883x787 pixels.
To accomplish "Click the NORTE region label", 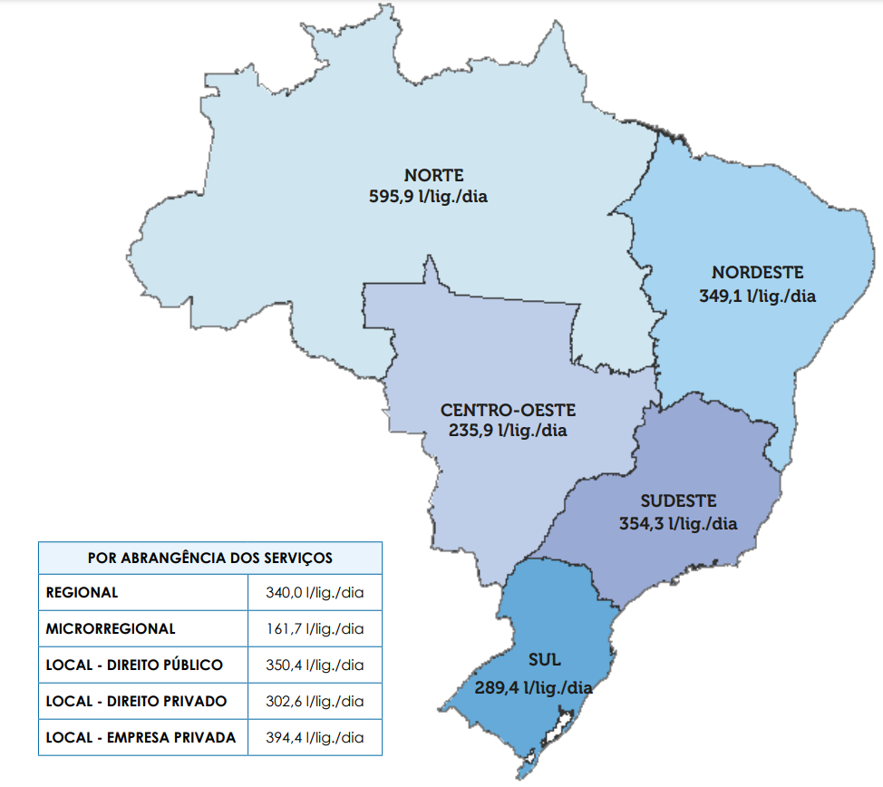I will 433,175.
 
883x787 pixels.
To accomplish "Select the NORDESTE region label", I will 757,273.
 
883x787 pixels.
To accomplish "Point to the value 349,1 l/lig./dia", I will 757,296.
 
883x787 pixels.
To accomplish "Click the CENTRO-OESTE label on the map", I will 508,410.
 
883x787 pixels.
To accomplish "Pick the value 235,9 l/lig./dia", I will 508,432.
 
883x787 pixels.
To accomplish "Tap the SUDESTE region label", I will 678,500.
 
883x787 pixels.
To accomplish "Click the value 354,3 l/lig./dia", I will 678,523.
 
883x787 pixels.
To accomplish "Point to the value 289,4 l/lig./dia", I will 533,688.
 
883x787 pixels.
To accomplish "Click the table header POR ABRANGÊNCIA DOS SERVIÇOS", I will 209,558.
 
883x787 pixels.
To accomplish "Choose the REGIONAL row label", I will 82,593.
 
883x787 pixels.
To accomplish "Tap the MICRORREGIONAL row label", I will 111,628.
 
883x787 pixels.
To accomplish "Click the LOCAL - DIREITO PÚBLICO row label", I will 134,665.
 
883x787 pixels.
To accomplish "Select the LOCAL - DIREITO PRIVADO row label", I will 136,701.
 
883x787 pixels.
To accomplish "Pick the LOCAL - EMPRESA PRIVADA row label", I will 141,737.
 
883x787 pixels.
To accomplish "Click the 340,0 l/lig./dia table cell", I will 315,593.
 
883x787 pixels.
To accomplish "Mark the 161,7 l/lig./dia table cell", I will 315,628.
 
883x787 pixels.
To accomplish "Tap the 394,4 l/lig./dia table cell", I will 315,737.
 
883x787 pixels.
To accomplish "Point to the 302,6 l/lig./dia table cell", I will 315,701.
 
